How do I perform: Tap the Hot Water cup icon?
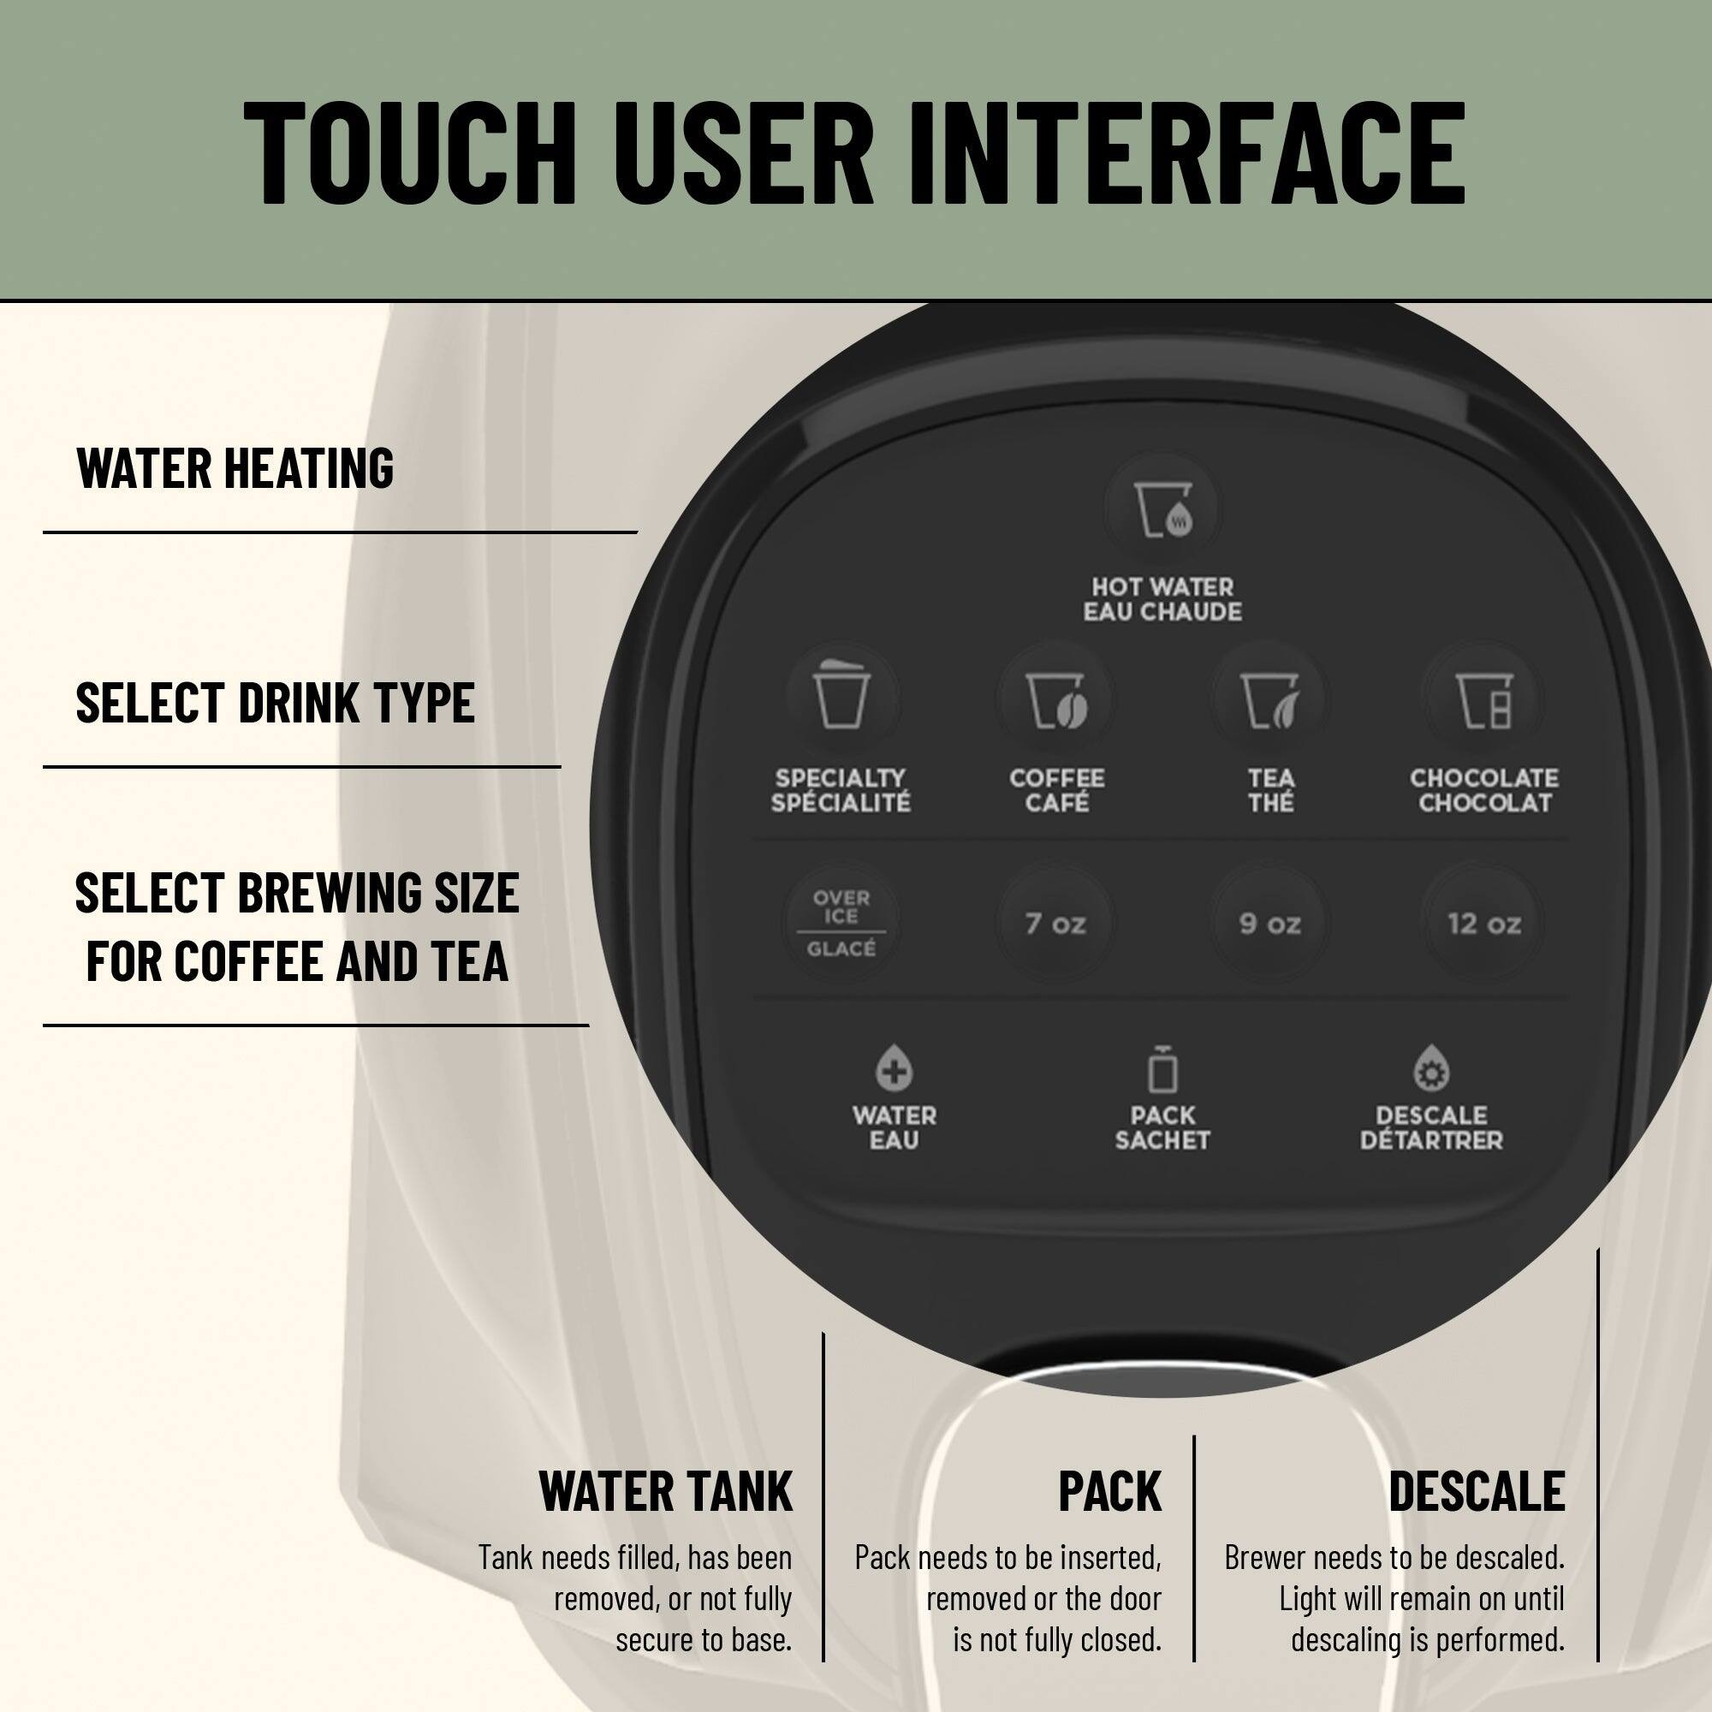click(1162, 510)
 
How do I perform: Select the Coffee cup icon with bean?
click(1055, 700)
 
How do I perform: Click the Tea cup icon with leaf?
click(1269, 700)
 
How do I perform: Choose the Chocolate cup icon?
click(1483, 700)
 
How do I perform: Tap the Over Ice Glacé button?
click(841, 923)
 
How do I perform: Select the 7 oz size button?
click(1055, 924)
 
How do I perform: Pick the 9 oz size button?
click(1269, 924)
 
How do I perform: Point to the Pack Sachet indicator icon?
click(1162, 1068)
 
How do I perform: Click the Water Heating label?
click(235, 468)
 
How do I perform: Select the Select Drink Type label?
click(275, 702)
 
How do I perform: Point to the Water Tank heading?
click(665, 1491)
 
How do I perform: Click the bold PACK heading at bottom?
click(1109, 1491)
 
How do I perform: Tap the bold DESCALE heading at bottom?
click(1477, 1491)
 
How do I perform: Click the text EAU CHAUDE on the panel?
click(1162, 612)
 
